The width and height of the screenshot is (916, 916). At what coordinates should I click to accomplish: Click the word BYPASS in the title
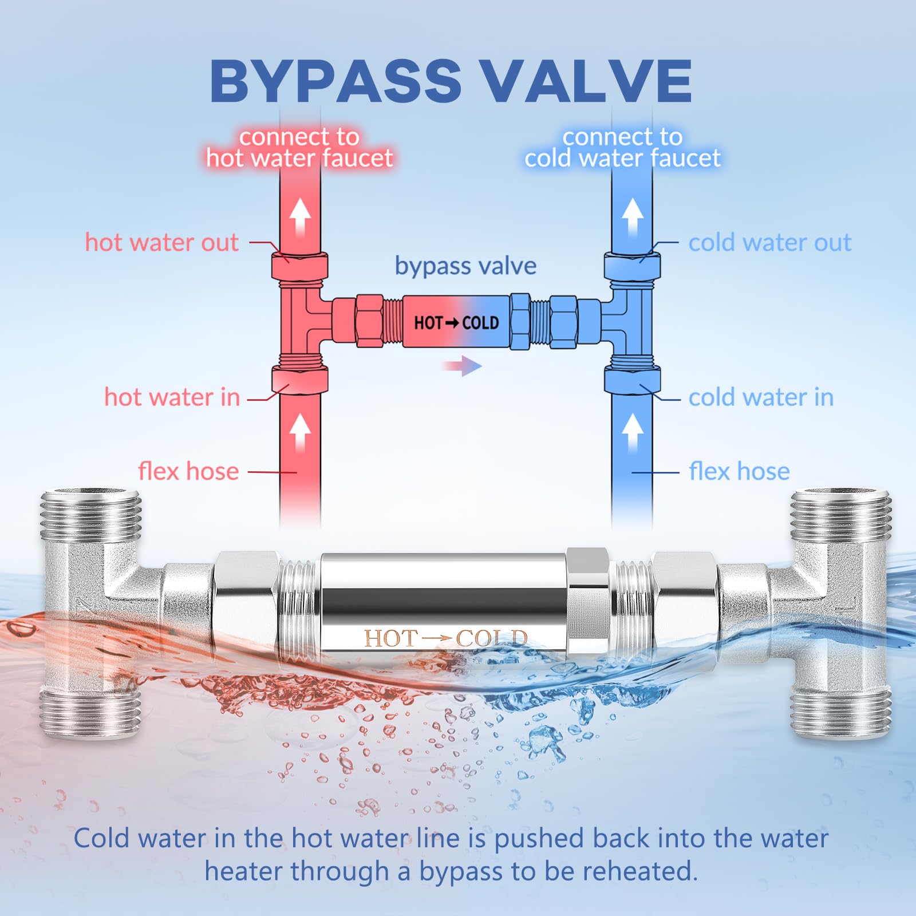[x=335, y=81]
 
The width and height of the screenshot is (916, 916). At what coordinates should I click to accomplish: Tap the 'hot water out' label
[x=161, y=243]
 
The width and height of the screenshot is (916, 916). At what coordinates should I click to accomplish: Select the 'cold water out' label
[x=769, y=243]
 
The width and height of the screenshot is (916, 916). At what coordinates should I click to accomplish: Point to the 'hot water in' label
[x=172, y=397]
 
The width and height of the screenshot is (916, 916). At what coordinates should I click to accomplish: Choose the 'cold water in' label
[x=761, y=397]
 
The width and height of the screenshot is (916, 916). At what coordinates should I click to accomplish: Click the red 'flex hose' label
[x=188, y=471]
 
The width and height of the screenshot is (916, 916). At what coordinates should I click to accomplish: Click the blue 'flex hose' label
[x=739, y=471]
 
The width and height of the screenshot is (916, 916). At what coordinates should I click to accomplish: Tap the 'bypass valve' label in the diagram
[x=465, y=266]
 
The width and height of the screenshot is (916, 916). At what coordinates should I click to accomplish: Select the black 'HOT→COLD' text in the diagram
[x=456, y=323]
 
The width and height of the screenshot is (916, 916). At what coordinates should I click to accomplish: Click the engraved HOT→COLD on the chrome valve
[x=445, y=638]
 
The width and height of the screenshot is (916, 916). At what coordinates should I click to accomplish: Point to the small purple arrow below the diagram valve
[x=462, y=366]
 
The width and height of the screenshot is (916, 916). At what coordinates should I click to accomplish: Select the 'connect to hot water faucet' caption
[x=300, y=148]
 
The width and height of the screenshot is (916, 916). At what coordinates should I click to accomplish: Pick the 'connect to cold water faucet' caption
[x=622, y=148]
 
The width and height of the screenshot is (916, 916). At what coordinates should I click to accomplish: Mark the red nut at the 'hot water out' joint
[x=299, y=267]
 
